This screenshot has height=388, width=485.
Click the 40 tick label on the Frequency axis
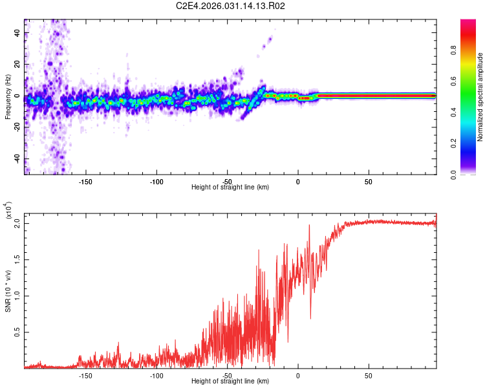click(x=18, y=33)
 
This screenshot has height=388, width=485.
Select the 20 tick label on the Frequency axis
click(x=18, y=65)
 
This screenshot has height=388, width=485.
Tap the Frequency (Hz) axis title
click(x=8, y=96)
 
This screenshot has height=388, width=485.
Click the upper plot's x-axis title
click(x=230, y=188)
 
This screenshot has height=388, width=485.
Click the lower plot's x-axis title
click(x=230, y=382)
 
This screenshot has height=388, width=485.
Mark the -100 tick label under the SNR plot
click(x=156, y=374)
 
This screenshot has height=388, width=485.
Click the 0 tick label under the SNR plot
click(x=298, y=374)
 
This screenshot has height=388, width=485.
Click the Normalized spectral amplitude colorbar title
click(x=480, y=96)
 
